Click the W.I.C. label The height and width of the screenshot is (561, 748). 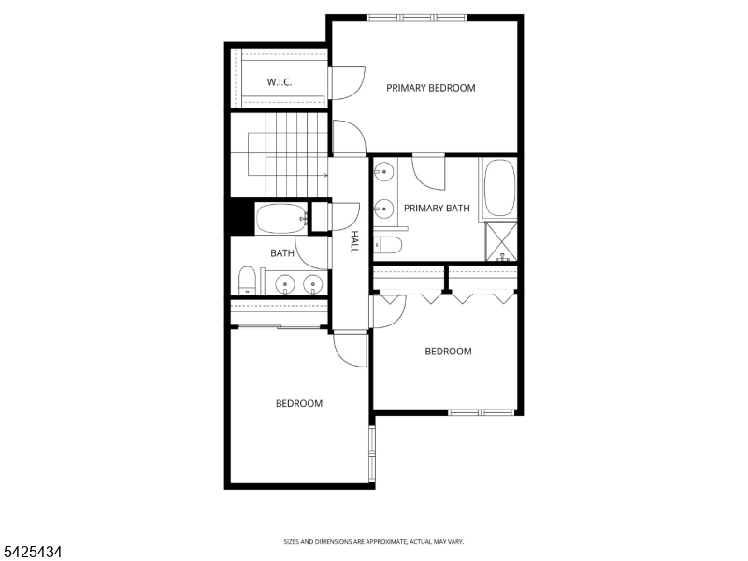pyautogui.click(x=280, y=82)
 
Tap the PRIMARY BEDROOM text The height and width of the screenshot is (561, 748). pyautogui.click(x=431, y=88)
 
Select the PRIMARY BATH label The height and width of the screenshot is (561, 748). pyautogui.click(x=437, y=209)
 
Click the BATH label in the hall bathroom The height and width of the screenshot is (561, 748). pyautogui.click(x=281, y=253)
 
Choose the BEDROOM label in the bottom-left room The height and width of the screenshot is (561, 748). pyautogui.click(x=298, y=403)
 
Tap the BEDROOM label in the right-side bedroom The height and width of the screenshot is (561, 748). pyautogui.click(x=448, y=352)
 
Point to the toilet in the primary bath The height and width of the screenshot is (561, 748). pyautogui.click(x=387, y=246)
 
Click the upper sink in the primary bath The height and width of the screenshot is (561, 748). pyautogui.click(x=383, y=172)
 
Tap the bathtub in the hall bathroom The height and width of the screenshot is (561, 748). pyautogui.click(x=282, y=220)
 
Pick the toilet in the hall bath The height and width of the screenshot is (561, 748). pyautogui.click(x=247, y=280)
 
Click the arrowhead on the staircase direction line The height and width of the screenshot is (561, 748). pyautogui.click(x=324, y=175)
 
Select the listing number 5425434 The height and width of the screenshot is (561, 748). pyautogui.click(x=32, y=553)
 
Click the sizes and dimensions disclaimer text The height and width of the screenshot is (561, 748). pyautogui.click(x=374, y=541)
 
